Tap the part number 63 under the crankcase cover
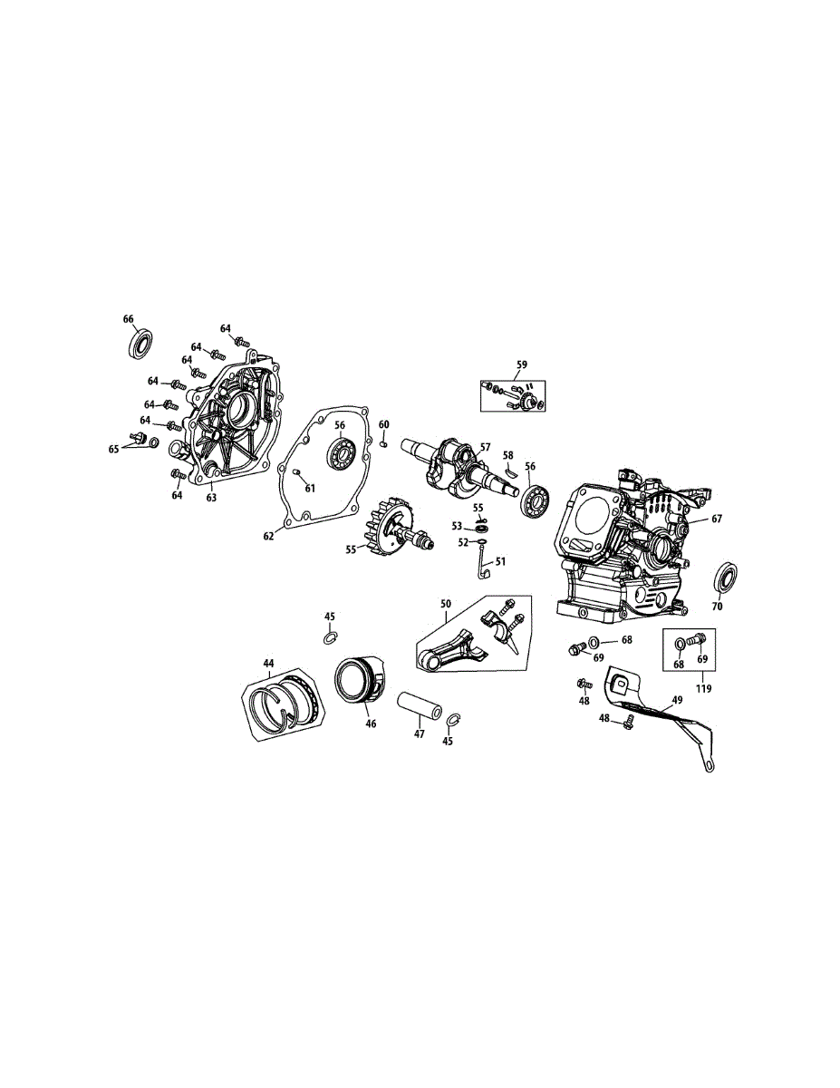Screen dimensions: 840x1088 coord(211,498)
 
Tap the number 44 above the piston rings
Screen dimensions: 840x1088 coord(268,664)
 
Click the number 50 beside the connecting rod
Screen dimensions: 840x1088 coord(446,604)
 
